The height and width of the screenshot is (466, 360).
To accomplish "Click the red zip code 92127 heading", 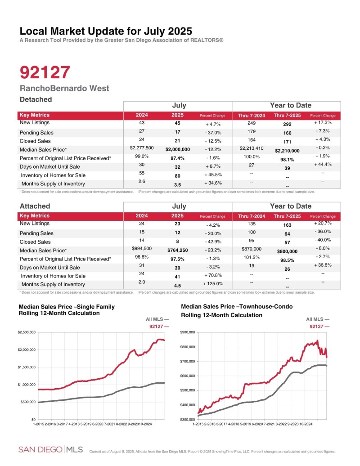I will click(45, 72).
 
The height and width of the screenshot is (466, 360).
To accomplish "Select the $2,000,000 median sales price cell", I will click(178, 149).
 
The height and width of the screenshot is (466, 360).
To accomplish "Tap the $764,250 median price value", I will click(178, 250).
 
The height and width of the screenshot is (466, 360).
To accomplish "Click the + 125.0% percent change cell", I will click(212, 284).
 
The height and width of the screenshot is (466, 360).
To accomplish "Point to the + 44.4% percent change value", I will click(323, 165).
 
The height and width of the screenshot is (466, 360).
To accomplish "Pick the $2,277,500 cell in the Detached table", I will click(142, 148).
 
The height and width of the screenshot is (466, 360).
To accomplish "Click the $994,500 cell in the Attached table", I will click(142, 248).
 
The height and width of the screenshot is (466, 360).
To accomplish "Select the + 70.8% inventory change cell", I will click(212, 275).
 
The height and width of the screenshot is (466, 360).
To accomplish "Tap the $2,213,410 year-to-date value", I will click(251, 148).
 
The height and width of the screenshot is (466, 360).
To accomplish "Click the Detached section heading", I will click(36, 99).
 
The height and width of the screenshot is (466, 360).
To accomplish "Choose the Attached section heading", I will click(35, 206).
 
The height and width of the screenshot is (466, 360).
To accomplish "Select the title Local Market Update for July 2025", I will click(106, 31).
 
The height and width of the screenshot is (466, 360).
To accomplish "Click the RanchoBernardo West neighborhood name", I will click(64, 88).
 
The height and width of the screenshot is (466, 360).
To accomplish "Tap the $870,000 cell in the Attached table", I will click(251, 248).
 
